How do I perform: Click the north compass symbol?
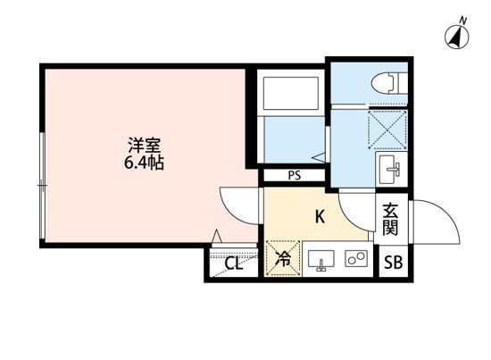[455, 36]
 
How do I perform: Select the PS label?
[293, 176]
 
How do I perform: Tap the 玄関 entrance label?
[390, 220]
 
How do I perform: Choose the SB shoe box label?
[392, 263]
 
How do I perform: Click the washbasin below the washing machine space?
[389, 165]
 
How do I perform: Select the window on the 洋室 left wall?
[42, 185]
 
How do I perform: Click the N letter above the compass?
[462, 19]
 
